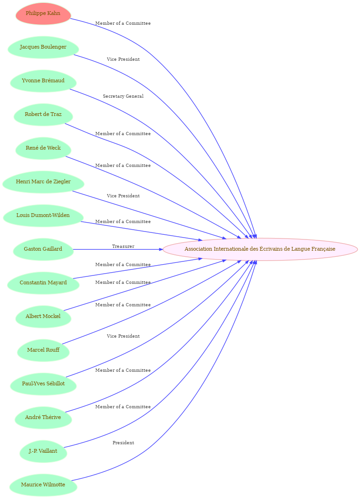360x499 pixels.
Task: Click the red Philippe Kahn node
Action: coord(43,14)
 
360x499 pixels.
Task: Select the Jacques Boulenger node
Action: coord(43,47)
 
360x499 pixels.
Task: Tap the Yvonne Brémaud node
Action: coord(43,81)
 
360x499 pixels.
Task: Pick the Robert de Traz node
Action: coord(43,115)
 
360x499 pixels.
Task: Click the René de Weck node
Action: coord(43,148)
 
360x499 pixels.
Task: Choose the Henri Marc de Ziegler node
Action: coord(43,182)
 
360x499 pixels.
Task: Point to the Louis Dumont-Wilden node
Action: coord(43,216)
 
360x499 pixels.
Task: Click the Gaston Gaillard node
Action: coord(43,249)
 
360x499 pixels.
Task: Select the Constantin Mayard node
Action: coord(43,283)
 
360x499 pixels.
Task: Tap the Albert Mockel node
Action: coord(43,317)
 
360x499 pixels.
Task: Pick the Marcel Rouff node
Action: coord(43,350)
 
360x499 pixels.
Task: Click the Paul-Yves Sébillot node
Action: coord(43,384)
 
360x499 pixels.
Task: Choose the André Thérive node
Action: coord(43,418)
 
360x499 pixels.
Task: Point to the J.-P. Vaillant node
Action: coord(43,451)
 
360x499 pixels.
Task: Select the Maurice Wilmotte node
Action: coord(43,485)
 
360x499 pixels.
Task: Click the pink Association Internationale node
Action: coord(260,249)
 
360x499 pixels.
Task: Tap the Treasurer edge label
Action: coord(123,246)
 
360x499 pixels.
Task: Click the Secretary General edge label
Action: coord(123,96)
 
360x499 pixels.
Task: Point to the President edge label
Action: coord(123,443)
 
